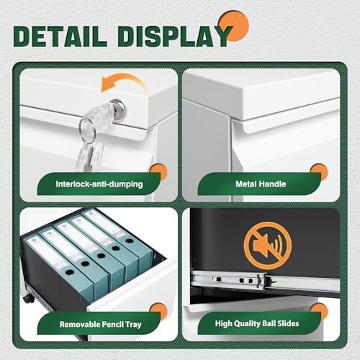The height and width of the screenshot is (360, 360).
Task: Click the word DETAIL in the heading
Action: click(x=60, y=36)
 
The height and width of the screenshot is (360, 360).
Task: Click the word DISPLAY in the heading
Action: click(x=175, y=36)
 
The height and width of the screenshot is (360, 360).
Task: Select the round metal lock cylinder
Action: click(x=118, y=108)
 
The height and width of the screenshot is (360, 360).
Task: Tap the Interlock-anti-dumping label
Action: click(x=99, y=184)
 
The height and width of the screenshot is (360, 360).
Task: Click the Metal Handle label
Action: click(x=261, y=184)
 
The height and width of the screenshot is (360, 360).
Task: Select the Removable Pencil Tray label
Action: click(x=101, y=324)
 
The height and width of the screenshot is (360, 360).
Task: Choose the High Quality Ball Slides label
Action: click(x=257, y=323)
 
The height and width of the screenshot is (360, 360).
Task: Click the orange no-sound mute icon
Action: click(x=268, y=246)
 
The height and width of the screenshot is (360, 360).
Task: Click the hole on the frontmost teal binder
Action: click(x=70, y=272)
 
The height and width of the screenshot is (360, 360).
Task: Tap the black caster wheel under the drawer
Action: click(x=29, y=298)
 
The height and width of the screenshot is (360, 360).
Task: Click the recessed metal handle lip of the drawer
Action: click(x=288, y=120)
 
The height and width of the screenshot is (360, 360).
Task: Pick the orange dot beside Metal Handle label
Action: click(x=319, y=172)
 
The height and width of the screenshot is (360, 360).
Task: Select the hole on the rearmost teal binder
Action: click(x=130, y=240)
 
